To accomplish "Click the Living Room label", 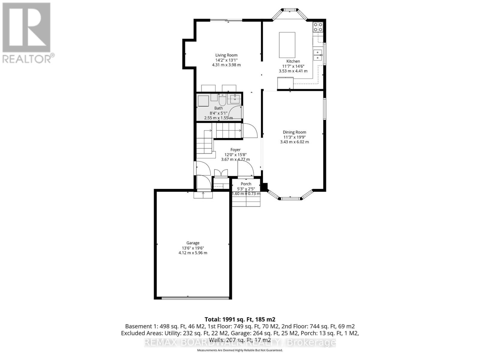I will coord(226,55).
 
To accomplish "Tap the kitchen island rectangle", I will coord(287,45).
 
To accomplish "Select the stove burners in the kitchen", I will coord(318,27).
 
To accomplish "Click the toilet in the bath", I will coord(222,99).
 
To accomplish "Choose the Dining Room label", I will coord(294,132).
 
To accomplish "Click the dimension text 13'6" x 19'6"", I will coord(193,248).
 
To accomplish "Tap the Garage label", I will coord(193,243).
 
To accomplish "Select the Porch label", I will coord(246,184).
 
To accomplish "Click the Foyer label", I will coord(235,150).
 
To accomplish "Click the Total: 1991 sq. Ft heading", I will coord(240,319).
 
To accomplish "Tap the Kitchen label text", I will coord(293,61).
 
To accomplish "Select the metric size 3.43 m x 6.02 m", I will coord(294,142).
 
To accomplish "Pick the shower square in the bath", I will coord(203,100).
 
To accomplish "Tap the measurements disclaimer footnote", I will coord(240,350).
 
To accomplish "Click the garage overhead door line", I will coord(193,298).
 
